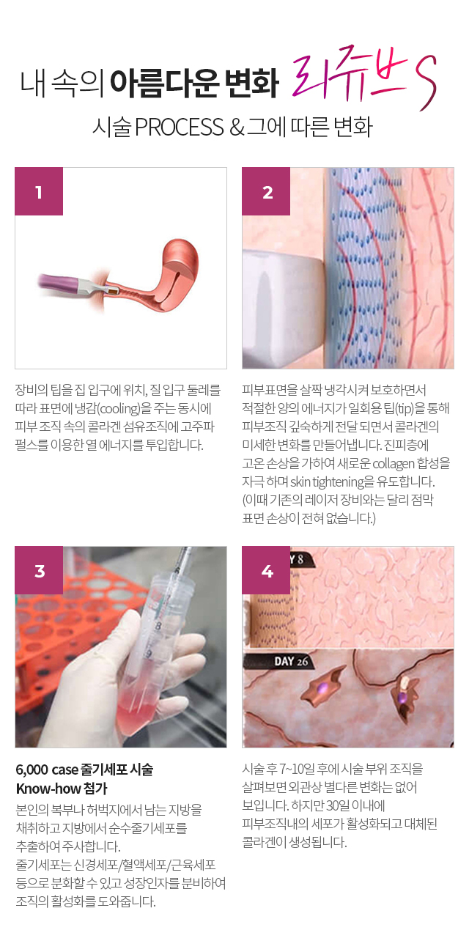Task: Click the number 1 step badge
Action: point(39,191)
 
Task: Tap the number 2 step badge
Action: point(266,191)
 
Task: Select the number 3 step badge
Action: point(39,570)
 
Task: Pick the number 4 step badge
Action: point(266,570)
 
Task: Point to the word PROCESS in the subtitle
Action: point(180,127)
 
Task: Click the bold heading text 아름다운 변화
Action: point(194,83)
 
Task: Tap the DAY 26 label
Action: point(290,661)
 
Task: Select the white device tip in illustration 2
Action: point(283,308)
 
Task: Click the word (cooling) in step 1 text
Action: point(119,408)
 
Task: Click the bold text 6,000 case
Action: point(47,770)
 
